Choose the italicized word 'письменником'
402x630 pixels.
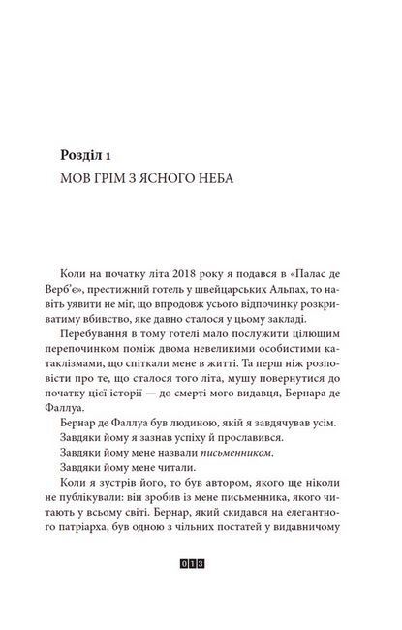[x=230, y=459]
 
